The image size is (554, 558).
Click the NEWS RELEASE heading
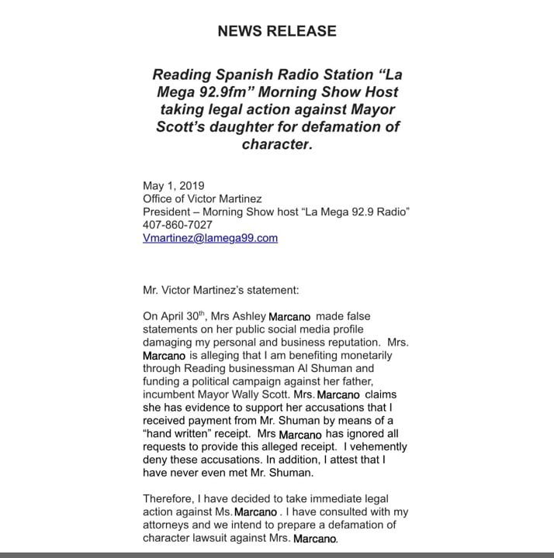(x=276, y=32)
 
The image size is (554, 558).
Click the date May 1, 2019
(x=173, y=185)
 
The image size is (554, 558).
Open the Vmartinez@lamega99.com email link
(x=209, y=238)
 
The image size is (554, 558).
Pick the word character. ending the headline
(x=277, y=143)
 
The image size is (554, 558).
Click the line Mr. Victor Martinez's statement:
(x=215, y=291)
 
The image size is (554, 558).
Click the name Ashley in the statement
(x=246, y=317)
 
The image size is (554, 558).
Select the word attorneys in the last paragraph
(x=168, y=526)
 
